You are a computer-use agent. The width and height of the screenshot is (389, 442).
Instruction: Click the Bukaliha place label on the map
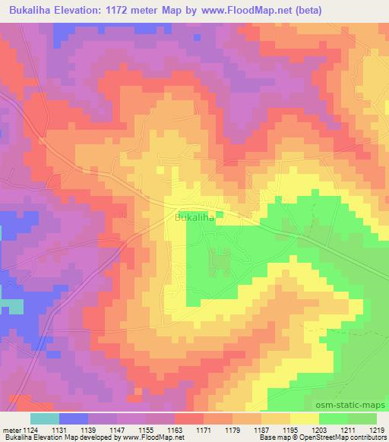(196, 217)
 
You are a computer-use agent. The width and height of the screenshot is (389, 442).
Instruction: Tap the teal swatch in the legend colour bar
(45, 418)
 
